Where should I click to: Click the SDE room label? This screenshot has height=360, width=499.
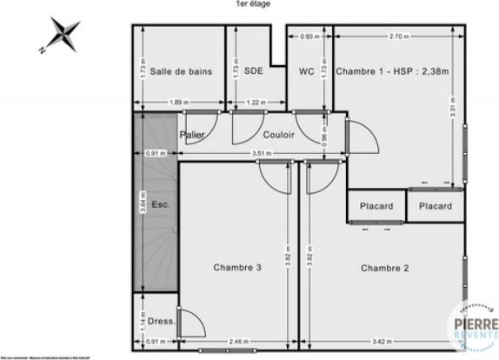click(x=254, y=72)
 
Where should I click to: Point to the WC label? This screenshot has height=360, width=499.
click(x=306, y=72)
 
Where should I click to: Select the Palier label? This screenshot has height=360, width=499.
click(x=192, y=135)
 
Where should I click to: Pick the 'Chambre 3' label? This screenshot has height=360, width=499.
click(x=237, y=267)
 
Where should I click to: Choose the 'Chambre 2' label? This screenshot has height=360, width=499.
click(x=385, y=267)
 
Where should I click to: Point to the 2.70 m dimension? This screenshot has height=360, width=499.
click(x=399, y=37)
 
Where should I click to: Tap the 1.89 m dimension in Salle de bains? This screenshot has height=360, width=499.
click(x=179, y=103)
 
